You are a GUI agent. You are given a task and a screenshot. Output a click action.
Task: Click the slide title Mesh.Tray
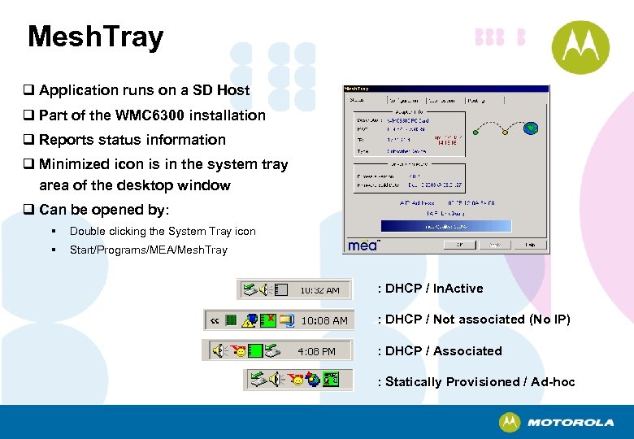click(95, 37)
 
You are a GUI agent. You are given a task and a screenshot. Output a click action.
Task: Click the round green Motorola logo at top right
click(580, 46)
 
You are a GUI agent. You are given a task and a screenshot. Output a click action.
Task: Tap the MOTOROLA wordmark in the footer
click(570, 423)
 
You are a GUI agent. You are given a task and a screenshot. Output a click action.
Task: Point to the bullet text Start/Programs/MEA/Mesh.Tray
click(148, 250)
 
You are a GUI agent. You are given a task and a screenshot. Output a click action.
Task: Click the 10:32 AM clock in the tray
click(319, 289)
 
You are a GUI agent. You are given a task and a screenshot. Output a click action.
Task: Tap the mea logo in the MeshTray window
click(363, 245)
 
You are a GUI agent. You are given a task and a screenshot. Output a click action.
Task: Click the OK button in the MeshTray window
click(460, 243)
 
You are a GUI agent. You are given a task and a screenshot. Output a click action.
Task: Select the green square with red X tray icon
click(267, 320)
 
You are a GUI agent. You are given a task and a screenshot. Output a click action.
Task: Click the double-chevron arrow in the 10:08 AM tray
click(215, 320)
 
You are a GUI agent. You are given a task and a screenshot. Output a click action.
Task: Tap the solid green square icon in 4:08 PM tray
click(255, 351)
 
